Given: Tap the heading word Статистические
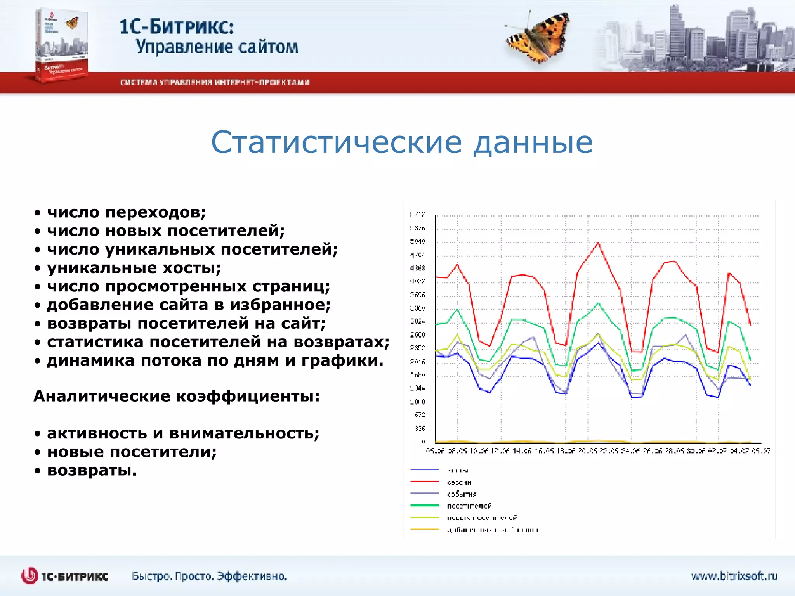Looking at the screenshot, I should (x=336, y=142).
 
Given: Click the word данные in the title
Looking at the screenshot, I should (x=533, y=142).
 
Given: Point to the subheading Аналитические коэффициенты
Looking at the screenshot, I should (x=177, y=396).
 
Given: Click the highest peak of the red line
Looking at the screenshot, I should (x=598, y=243).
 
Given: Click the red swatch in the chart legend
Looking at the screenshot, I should (x=424, y=482).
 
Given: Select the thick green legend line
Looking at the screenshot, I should (x=424, y=505).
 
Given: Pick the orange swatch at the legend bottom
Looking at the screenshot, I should (x=424, y=529).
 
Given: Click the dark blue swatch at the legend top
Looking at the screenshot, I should (x=424, y=470).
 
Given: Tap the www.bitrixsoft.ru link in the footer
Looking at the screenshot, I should (x=734, y=576).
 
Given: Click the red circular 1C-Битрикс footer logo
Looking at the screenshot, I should (x=30, y=576).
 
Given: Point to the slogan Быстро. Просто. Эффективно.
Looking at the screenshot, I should (x=210, y=576).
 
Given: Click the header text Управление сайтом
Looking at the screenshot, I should (x=217, y=47).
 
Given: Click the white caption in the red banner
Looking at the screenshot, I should (x=215, y=82).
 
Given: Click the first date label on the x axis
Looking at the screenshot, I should (x=435, y=451).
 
